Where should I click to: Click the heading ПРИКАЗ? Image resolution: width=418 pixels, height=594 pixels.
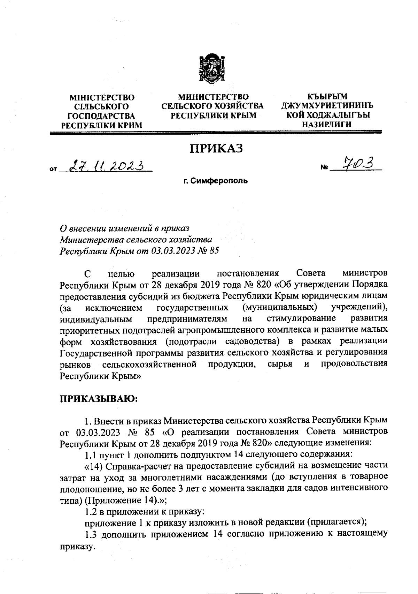pyautogui.click(x=216, y=148)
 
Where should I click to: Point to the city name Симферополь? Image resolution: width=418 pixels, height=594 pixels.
pyautogui.click(x=219, y=181)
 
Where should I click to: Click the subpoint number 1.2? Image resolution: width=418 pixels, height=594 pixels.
pyautogui.click(x=92, y=513)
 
